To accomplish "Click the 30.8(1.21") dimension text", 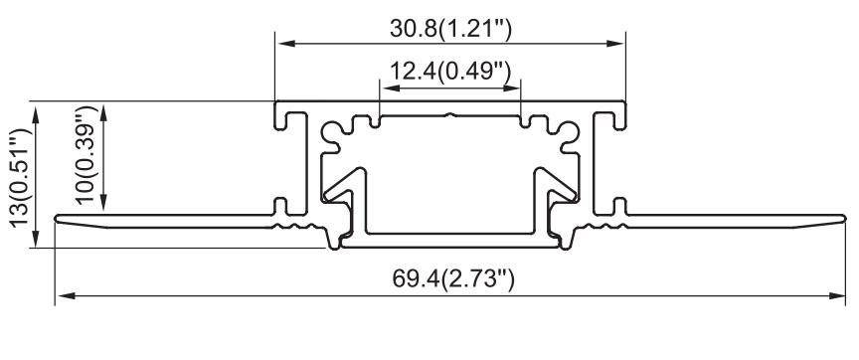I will pos(449,30).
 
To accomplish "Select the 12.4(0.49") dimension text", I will pos(449,72).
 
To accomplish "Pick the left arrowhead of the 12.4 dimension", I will pos(386,87).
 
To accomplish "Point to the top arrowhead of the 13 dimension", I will pos(37,108).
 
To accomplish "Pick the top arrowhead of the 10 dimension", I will pos(104,108).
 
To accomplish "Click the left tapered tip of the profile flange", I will pos(58,219).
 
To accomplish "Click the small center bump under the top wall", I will pos(449,115).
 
